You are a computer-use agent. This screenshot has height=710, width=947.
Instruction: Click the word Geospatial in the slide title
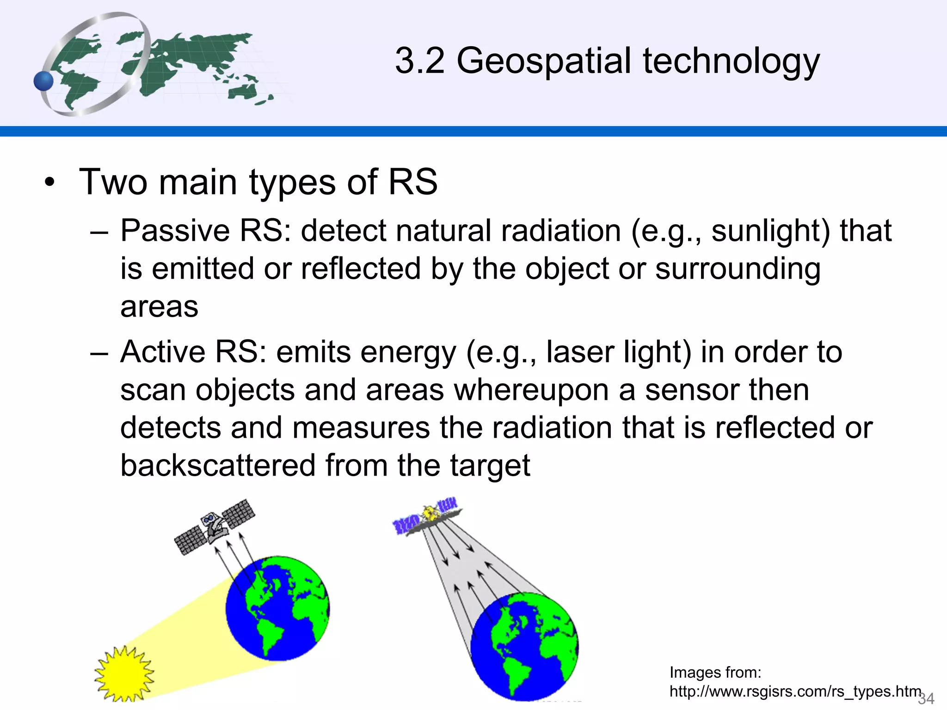[x=544, y=61]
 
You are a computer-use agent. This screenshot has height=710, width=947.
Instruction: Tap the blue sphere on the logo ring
[x=44, y=81]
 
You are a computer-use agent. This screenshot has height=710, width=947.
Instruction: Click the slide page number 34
[x=926, y=698]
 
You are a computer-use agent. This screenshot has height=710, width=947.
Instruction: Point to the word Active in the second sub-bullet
[x=162, y=352]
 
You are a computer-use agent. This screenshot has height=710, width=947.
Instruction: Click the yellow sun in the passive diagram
[x=124, y=674]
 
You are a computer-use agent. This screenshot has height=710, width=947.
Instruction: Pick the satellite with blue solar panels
[x=426, y=516]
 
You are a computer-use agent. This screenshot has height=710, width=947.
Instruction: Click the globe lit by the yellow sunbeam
[x=277, y=608]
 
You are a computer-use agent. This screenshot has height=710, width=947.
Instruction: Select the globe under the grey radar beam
[x=524, y=646]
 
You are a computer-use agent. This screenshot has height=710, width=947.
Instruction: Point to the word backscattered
[x=217, y=465]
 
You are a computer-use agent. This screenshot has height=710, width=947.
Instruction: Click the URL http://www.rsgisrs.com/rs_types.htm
[x=795, y=692]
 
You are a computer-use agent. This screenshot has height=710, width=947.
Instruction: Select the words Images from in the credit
[x=715, y=672]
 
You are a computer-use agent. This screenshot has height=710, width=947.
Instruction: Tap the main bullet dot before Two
[x=49, y=183]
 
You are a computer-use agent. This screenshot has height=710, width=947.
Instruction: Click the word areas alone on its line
[x=159, y=307]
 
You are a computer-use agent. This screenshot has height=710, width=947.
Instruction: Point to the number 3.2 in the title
[x=419, y=61]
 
